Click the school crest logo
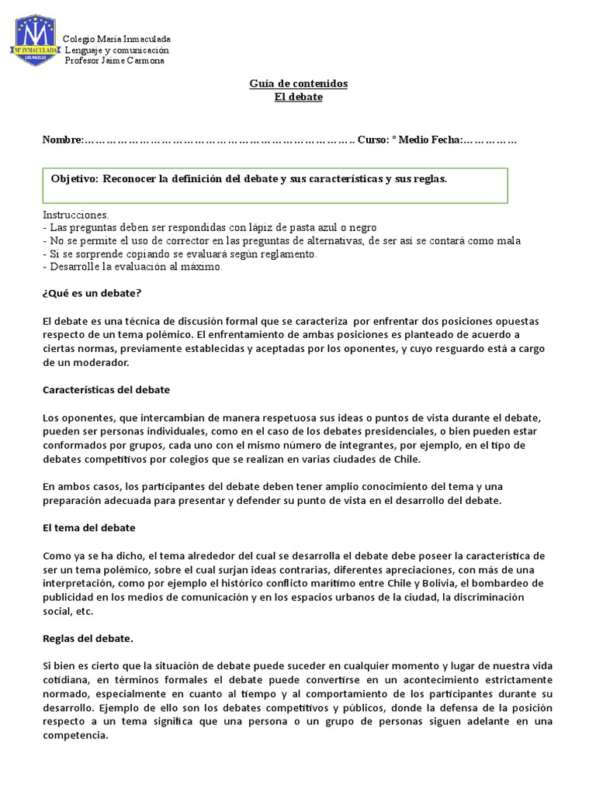tap(35, 38)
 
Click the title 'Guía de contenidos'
tap(298, 84)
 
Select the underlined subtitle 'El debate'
tap(298, 97)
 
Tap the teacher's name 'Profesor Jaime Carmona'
tap(114, 60)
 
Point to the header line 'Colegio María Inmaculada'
tap(116, 39)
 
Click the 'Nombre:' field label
tap(62, 140)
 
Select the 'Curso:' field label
tap(373, 140)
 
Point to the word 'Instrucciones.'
tap(76, 215)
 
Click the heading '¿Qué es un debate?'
tap(92, 294)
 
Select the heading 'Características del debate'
tap(106, 389)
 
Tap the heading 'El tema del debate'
tap(89, 527)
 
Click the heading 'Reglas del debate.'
tap(88, 639)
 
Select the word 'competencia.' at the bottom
tap(76, 735)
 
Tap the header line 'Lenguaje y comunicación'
tap(116, 50)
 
